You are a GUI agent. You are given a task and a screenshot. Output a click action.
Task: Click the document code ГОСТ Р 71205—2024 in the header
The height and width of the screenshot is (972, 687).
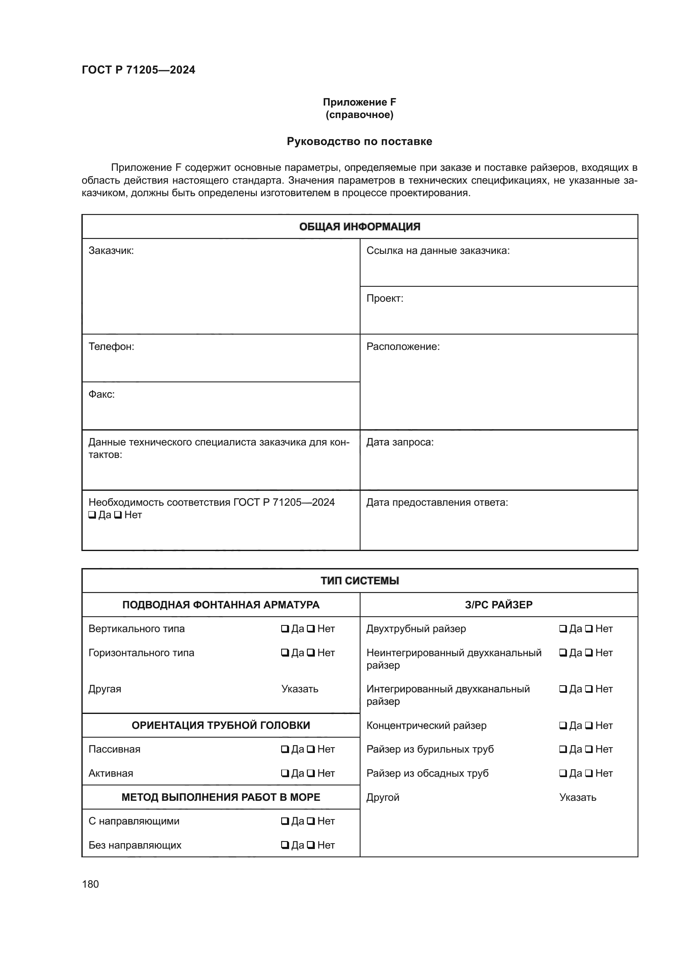coord(138,70)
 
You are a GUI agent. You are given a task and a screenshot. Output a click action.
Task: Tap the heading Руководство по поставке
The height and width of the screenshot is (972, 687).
coord(359,141)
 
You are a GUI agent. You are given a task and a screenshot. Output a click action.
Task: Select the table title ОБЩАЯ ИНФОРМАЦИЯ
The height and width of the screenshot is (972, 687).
coord(359,227)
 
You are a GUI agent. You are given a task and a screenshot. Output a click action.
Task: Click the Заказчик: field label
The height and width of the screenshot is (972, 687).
coord(111,251)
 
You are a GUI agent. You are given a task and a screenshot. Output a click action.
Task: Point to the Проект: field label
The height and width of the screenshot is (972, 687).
coord(385,298)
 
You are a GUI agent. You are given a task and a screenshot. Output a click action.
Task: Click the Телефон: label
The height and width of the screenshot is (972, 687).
coord(111,347)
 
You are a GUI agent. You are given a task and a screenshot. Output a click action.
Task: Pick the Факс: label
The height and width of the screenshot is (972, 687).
coord(101,394)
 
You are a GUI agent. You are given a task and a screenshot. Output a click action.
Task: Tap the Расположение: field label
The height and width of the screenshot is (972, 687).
coord(403,347)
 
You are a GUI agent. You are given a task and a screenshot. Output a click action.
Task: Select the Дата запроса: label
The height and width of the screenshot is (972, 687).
coord(400,443)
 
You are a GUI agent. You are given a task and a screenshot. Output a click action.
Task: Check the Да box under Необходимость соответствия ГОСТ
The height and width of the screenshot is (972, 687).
coord(92,515)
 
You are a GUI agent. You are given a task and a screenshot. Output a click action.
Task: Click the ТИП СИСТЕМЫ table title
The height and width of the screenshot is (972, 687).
coord(359,581)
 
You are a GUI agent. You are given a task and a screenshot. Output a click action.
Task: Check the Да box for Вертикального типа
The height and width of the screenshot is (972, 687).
coord(285,629)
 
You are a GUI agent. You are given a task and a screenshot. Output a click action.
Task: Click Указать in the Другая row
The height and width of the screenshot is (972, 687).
coord(299,689)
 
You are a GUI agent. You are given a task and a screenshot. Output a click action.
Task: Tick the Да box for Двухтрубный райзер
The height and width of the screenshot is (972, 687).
coord(563,629)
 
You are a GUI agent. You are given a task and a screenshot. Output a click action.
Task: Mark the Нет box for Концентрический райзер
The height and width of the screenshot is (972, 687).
coord(589,726)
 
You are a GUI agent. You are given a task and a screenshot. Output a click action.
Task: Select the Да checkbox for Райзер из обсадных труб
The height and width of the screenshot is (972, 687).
coord(563,774)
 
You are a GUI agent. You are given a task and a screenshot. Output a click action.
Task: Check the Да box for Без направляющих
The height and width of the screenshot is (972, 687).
coord(285,846)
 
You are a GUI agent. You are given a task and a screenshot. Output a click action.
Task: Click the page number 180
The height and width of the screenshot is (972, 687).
coord(90,884)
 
